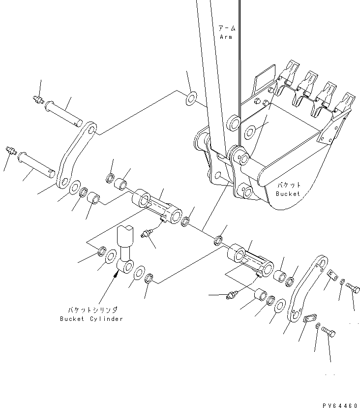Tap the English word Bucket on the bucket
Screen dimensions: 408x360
(288, 193)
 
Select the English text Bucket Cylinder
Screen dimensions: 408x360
(91, 318)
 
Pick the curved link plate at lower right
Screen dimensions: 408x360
(304, 291)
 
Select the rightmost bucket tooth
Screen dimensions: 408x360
(347, 102)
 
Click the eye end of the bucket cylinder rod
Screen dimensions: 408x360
(126, 267)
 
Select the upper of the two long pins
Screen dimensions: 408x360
(63, 112)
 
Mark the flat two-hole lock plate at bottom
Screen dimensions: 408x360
(309, 320)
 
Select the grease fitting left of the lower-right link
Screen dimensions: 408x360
(230, 295)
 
